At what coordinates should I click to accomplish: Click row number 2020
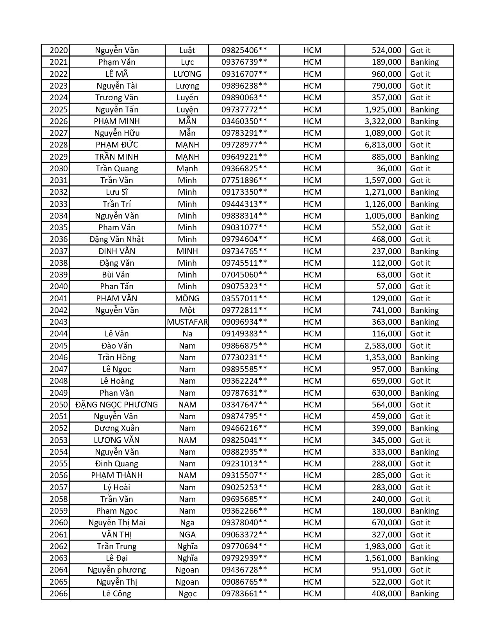59,50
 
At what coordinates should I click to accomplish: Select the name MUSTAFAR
187,322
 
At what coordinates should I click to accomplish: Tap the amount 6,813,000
383,145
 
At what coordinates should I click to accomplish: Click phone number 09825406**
244,50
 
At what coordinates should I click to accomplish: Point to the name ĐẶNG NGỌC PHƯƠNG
117,405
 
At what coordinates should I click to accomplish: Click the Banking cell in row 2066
424,594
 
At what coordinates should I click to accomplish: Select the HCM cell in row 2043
312,322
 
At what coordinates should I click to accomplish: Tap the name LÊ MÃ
117,74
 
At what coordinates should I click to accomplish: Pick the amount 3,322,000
383,121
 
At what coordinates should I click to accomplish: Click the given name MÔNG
187,299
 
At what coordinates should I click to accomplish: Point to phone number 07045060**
244,275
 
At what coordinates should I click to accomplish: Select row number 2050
59,405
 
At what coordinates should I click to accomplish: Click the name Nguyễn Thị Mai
117,523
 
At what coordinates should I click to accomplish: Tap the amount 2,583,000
383,346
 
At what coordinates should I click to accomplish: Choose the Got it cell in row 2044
420,334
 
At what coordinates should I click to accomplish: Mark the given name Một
187,310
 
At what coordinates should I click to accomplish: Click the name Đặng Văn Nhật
117,239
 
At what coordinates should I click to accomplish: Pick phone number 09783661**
244,594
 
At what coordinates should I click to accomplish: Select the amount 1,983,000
383,546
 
